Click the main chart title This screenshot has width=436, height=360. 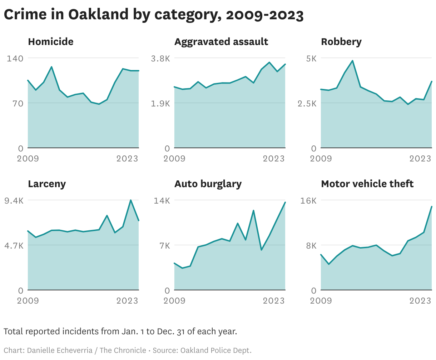(154, 15)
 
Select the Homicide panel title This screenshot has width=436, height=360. (51, 42)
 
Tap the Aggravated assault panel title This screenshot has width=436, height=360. (221, 42)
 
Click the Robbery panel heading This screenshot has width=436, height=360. (341, 42)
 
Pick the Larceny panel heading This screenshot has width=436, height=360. (47, 184)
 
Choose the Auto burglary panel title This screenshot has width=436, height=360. (208, 184)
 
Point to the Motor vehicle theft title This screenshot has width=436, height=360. (367, 184)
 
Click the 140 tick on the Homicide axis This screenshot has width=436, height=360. (15, 58)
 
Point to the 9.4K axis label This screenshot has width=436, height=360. (14, 200)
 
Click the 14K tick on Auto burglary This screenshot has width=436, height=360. (162, 200)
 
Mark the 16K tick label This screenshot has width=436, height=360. (308, 200)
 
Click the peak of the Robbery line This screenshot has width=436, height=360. (352, 61)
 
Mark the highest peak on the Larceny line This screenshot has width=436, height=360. (131, 200)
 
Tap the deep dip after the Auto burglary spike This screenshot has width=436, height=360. (261, 250)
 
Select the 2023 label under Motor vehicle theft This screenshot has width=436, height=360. (420, 301)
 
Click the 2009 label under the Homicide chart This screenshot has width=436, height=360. (28, 159)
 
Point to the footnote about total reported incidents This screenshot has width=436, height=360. (120, 331)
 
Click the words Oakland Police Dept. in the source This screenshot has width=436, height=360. (216, 350)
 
